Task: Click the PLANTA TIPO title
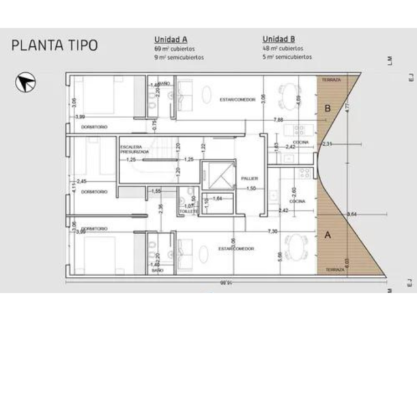click(54, 46)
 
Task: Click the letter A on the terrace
click(328, 233)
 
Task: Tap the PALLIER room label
click(249, 178)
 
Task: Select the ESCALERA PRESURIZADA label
click(135, 149)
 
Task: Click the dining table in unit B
click(287, 98)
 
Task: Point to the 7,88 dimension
click(278, 120)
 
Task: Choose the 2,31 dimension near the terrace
click(327, 143)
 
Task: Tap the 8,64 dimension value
click(352, 214)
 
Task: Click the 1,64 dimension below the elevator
click(218, 197)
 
